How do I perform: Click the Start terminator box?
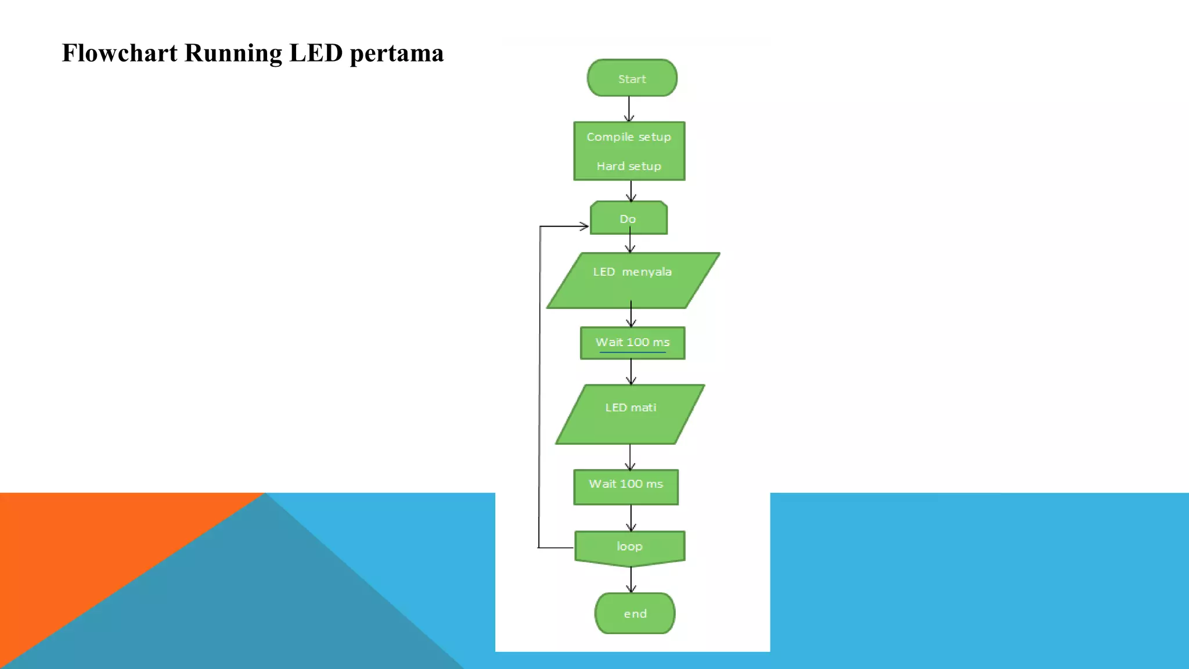click(632, 78)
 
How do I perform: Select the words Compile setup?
click(629, 137)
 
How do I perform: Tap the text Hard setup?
click(629, 166)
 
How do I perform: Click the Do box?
click(628, 218)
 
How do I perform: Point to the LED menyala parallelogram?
click(633, 280)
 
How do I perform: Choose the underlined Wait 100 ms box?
click(632, 343)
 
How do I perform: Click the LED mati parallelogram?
click(630, 414)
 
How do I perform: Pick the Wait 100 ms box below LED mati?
click(626, 487)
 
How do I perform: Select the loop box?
click(629, 547)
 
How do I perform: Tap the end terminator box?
click(635, 613)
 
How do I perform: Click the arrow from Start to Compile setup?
click(629, 109)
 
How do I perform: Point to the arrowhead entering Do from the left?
click(583, 226)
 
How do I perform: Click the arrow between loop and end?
click(631, 580)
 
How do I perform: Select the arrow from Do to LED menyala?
click(630, 243)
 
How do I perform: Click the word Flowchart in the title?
click(120, 53)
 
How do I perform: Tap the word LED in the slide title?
click(316, 53)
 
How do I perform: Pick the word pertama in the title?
click(397, 54)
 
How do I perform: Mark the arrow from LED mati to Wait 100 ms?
click(630, 457)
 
